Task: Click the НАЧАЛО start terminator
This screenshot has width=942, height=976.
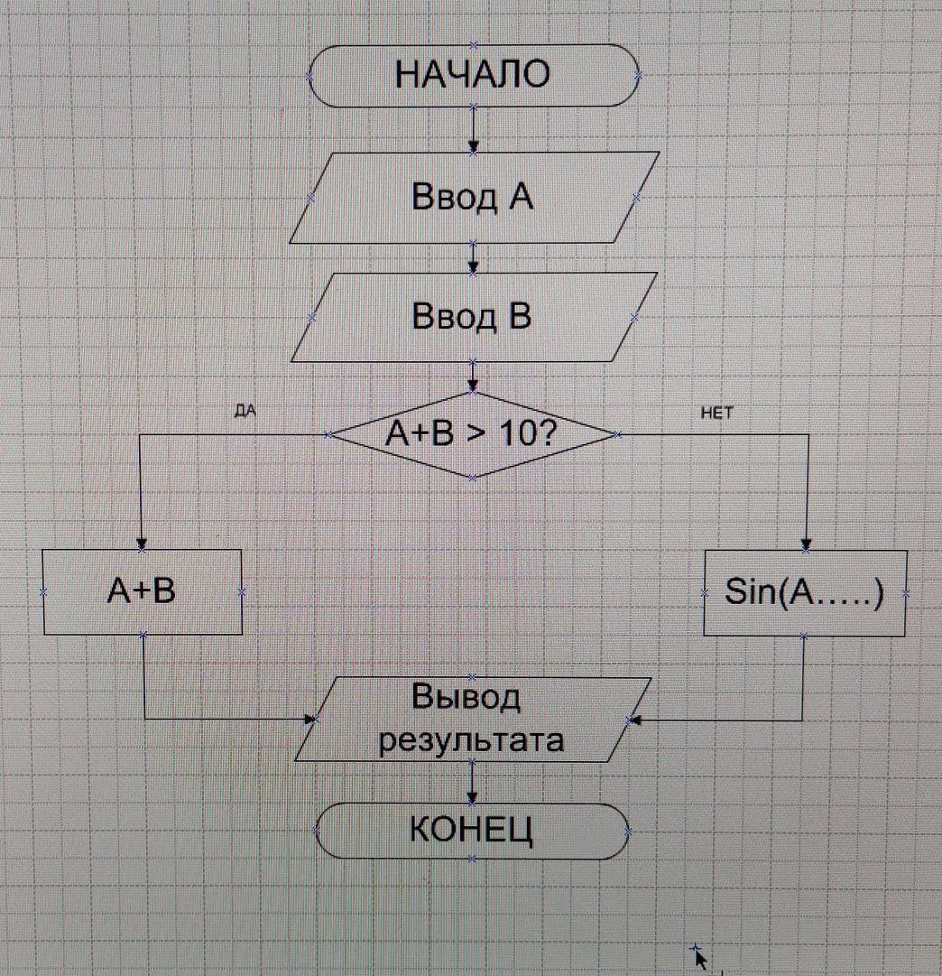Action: (x=474, y=75)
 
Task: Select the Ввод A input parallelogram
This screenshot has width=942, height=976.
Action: (x=473, y=197)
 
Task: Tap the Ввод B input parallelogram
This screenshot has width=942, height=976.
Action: (x=473, y=318)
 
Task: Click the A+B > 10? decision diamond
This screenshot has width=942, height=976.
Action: (x=472, y=435)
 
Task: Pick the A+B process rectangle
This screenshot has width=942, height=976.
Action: (x=143, y=592)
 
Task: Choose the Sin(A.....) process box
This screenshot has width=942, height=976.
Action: (x=805, y=593)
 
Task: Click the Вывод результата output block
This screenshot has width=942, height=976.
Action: (x=472, y=720)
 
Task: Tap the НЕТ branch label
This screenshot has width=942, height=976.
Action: (x=717, y=413)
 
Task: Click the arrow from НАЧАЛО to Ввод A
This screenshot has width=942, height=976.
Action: (x=474, y=129)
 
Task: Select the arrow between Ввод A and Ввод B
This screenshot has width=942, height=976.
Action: (x=473, y=257)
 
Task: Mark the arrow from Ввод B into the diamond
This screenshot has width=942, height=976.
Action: (x=473, y=376)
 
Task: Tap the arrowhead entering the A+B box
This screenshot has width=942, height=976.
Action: (x=142, y=544)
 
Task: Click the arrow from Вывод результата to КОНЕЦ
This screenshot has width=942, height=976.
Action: (x=471, y=783)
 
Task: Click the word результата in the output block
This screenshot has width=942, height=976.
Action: (x=472, y=741)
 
